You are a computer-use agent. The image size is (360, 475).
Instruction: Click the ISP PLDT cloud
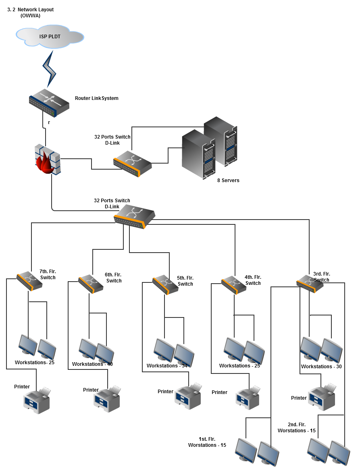[50, 36]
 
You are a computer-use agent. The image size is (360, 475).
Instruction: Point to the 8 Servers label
[228, 180]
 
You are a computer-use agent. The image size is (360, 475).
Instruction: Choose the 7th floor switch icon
[29, 281]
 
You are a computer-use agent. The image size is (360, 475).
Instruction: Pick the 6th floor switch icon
[91, 284]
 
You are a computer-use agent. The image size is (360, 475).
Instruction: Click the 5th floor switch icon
[165, 284]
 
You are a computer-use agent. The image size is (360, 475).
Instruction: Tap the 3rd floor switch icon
[310, 283]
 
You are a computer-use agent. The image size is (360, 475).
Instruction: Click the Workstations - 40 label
[92, 364]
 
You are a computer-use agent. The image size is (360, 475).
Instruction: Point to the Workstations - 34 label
[167, 366]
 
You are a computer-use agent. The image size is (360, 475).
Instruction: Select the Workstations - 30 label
[321, 367]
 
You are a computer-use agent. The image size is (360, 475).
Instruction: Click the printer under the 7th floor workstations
[37, 400]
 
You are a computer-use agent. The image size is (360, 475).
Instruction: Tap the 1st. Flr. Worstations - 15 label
[207, 442]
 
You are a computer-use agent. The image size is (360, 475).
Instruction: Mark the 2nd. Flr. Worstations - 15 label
[296, 427]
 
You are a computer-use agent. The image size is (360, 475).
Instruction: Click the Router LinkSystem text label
[97, 98]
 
